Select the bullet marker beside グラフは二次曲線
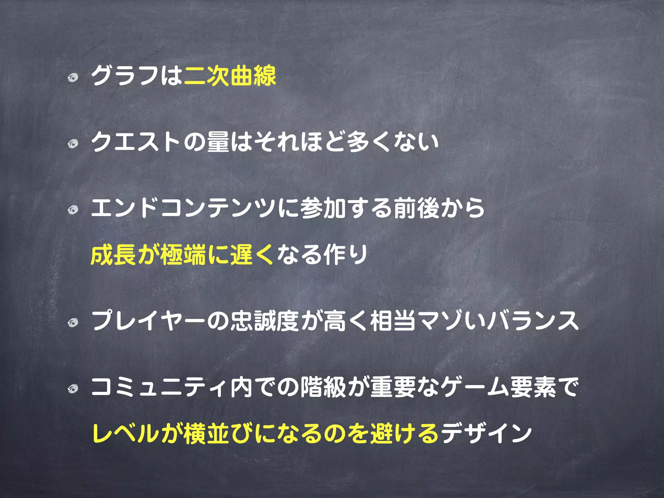[x=73, y=78]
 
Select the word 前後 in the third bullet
[x=417, y=208]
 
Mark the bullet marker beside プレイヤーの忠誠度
[x=73, y=322]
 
